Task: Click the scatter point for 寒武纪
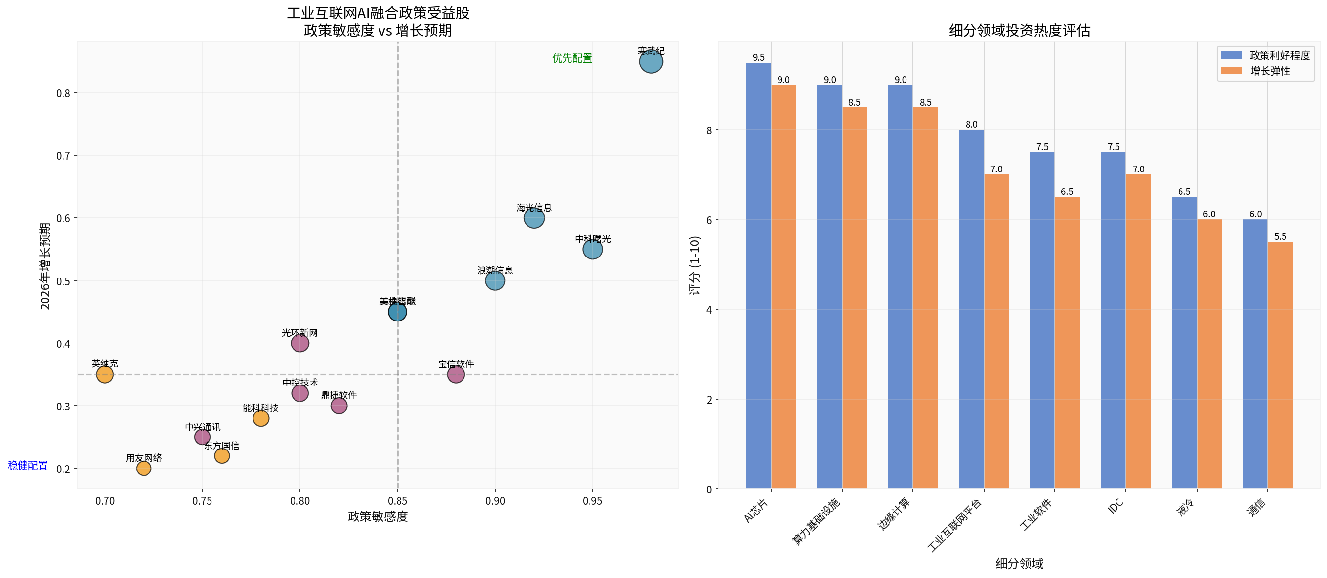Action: pyautogui.click(x=651, y=62)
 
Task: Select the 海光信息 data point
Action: pyautogui.click(x=534, y=218)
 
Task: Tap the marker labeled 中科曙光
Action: pyautogui.click(x=592, y=250)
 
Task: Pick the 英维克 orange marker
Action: pyautogui.click(x=105, y=375)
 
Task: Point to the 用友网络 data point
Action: pyautogui.click(x=144, y=468)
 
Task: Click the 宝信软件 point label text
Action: pyautogui.click(x=456, y=364)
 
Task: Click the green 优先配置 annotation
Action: pyautogui.click(x=572, y=58)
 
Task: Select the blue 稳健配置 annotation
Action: pyautogui.click(x=28, y=466)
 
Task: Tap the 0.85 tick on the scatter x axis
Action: pyautogui.click(x=397, y=501)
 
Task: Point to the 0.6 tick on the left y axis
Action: pyautogui.click(x=63, y=218)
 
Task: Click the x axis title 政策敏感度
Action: pyautogui.click(x=378, y=516)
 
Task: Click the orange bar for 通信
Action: pyautogui.click(x=1280, y=365)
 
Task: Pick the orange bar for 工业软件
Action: pyautogui.click(x=1067, y=343)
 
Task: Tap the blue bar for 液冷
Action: pyautogui.click(x=1184, y=343)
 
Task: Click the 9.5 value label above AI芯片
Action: pyautogui.click(x=758, y=57)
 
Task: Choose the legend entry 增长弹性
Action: pyautogui.click(x=1270, y=71)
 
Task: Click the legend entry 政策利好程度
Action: pyautogui.click(x=1279, y=55)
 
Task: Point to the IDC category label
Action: pyautogui.click(x=1116, y=506)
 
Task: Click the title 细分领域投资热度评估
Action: pyautogui.click(x=1019, y=30)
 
